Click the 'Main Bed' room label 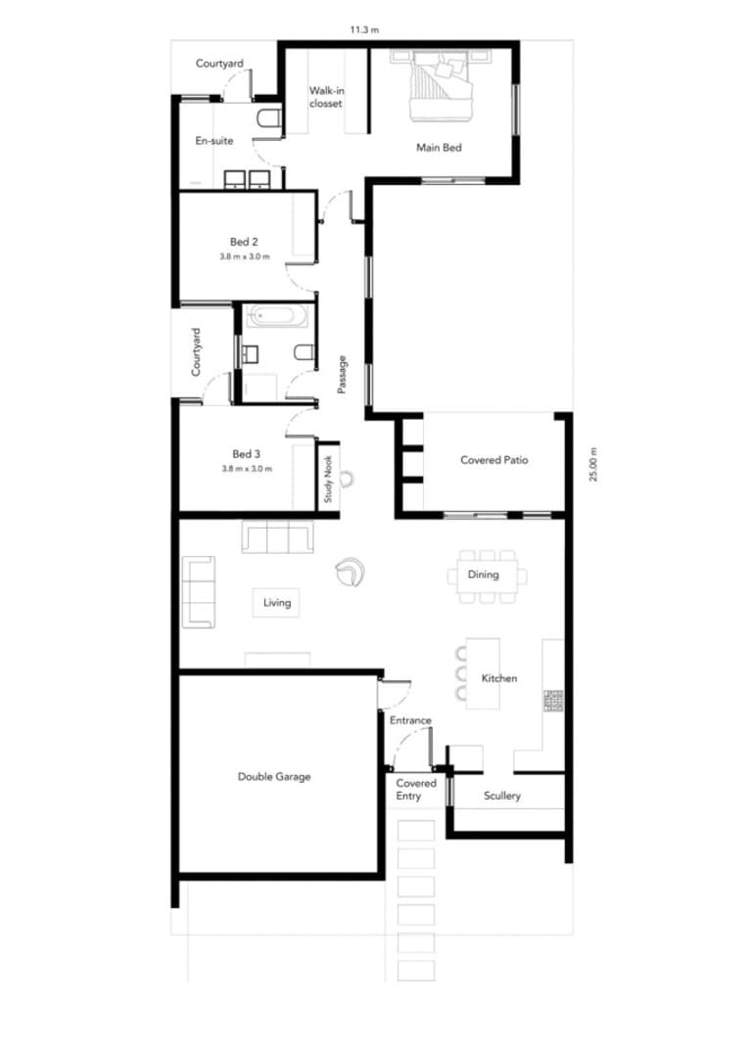[439, 148]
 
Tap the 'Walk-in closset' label [326, 97]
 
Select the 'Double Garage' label [274, 776]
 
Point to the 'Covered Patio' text [493, 460]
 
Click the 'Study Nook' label [328, 479]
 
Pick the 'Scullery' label [502, 796]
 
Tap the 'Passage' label [342, 374]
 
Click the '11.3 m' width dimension [364, 29]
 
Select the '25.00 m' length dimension [593, 465]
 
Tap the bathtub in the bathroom [277, 315]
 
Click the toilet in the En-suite [268, 118]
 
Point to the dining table [487, 575]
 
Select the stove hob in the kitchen [554, 701]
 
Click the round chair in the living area [351, 573]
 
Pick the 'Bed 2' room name [244, 242]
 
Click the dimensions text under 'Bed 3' [247, 469]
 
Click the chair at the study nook [347, 479]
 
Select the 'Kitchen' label [499, 678]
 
